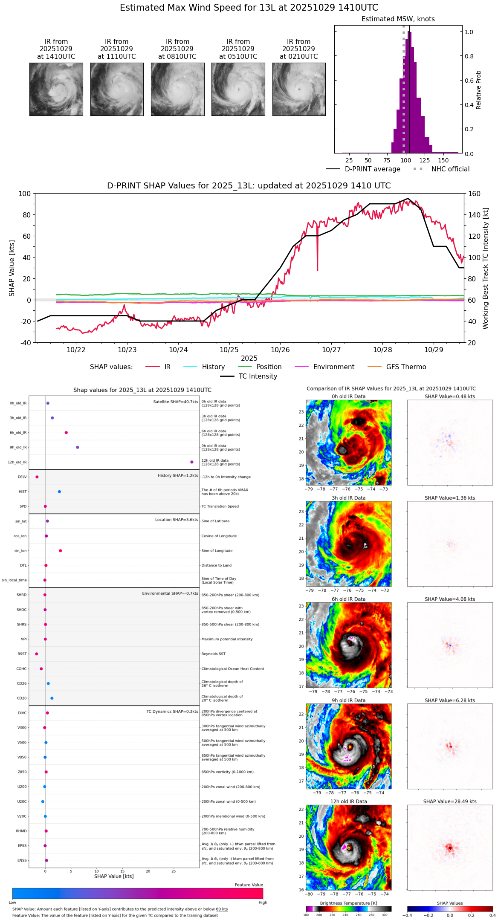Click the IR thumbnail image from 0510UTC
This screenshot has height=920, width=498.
238,89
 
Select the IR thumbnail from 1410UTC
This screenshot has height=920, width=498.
56,89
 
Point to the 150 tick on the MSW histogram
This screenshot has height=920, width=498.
443,160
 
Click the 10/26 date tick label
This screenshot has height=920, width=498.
280,350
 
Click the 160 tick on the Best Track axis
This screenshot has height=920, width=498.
474,194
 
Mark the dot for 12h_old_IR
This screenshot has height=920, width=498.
192,462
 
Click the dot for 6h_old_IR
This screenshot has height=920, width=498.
66,433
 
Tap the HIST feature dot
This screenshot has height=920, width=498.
59,492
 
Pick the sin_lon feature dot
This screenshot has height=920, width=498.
61,551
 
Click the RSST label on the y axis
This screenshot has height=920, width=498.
22,654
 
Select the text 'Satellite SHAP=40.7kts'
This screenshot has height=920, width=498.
176,402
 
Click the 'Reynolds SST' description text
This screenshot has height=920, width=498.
213,654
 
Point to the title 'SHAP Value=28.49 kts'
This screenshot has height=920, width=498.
450,801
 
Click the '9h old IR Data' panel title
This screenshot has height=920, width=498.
348,700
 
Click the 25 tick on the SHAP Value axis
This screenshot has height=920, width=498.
174,871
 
